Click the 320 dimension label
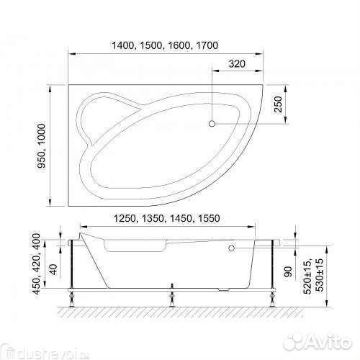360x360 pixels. [x=237, y=64]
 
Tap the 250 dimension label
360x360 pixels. [x=278, y=104]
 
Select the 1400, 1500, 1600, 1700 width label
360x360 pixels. [x=165, y=45]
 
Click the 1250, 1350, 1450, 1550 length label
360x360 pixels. [x=166, y=218]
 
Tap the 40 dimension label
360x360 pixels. [x=53, y=269]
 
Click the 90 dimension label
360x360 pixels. [x=288, y=271]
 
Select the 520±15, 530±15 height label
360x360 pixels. [x=313, y=276]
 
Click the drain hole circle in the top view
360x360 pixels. [x=212, y=124]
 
